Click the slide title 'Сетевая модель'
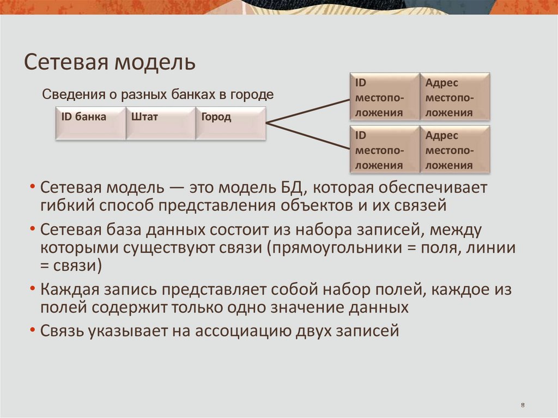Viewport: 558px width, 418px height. [x=109, y=62]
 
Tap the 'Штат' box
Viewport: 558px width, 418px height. [x=161, y=123]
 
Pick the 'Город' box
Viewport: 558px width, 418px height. [x=231, y=123]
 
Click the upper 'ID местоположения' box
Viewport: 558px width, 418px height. [x=384, y=97]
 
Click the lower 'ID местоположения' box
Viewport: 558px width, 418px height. [x=384, y=150]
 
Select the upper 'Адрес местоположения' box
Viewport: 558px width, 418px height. [x=455, y=97]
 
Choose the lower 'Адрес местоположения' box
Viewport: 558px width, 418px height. [x=455, y=150]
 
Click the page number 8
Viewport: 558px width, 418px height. [x=523, y=405]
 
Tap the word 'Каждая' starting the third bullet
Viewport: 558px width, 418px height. [x=69, y=289]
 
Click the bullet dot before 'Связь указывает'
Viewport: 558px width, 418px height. [x=34, y=330]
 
